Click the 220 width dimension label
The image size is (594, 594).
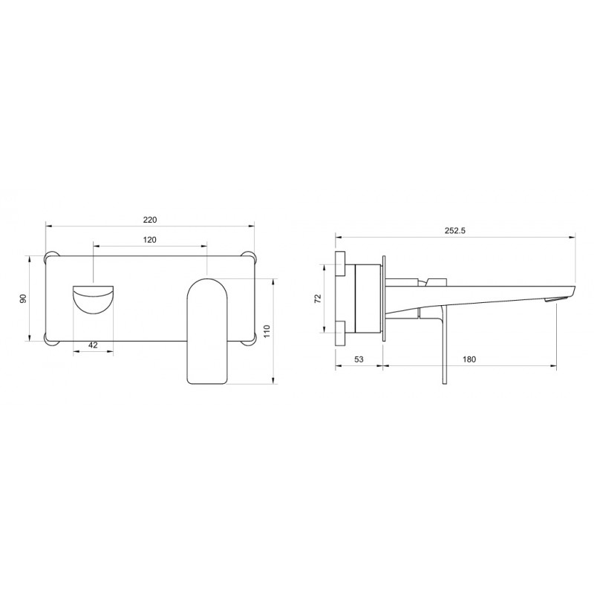click(x=150, y=220)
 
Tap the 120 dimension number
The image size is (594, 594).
click(x=150, y=240)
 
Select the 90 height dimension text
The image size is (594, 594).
click(x=24, y=298)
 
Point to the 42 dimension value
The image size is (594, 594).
click(x=93, y=345)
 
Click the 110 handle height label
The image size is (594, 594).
click(x=267, y=331)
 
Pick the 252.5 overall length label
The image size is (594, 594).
click(x=454, y=231)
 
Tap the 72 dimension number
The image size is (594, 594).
click(x=319, y=298)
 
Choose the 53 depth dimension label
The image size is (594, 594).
click(x=359, y=359)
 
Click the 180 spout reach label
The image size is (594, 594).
click(x=469, y=359)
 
